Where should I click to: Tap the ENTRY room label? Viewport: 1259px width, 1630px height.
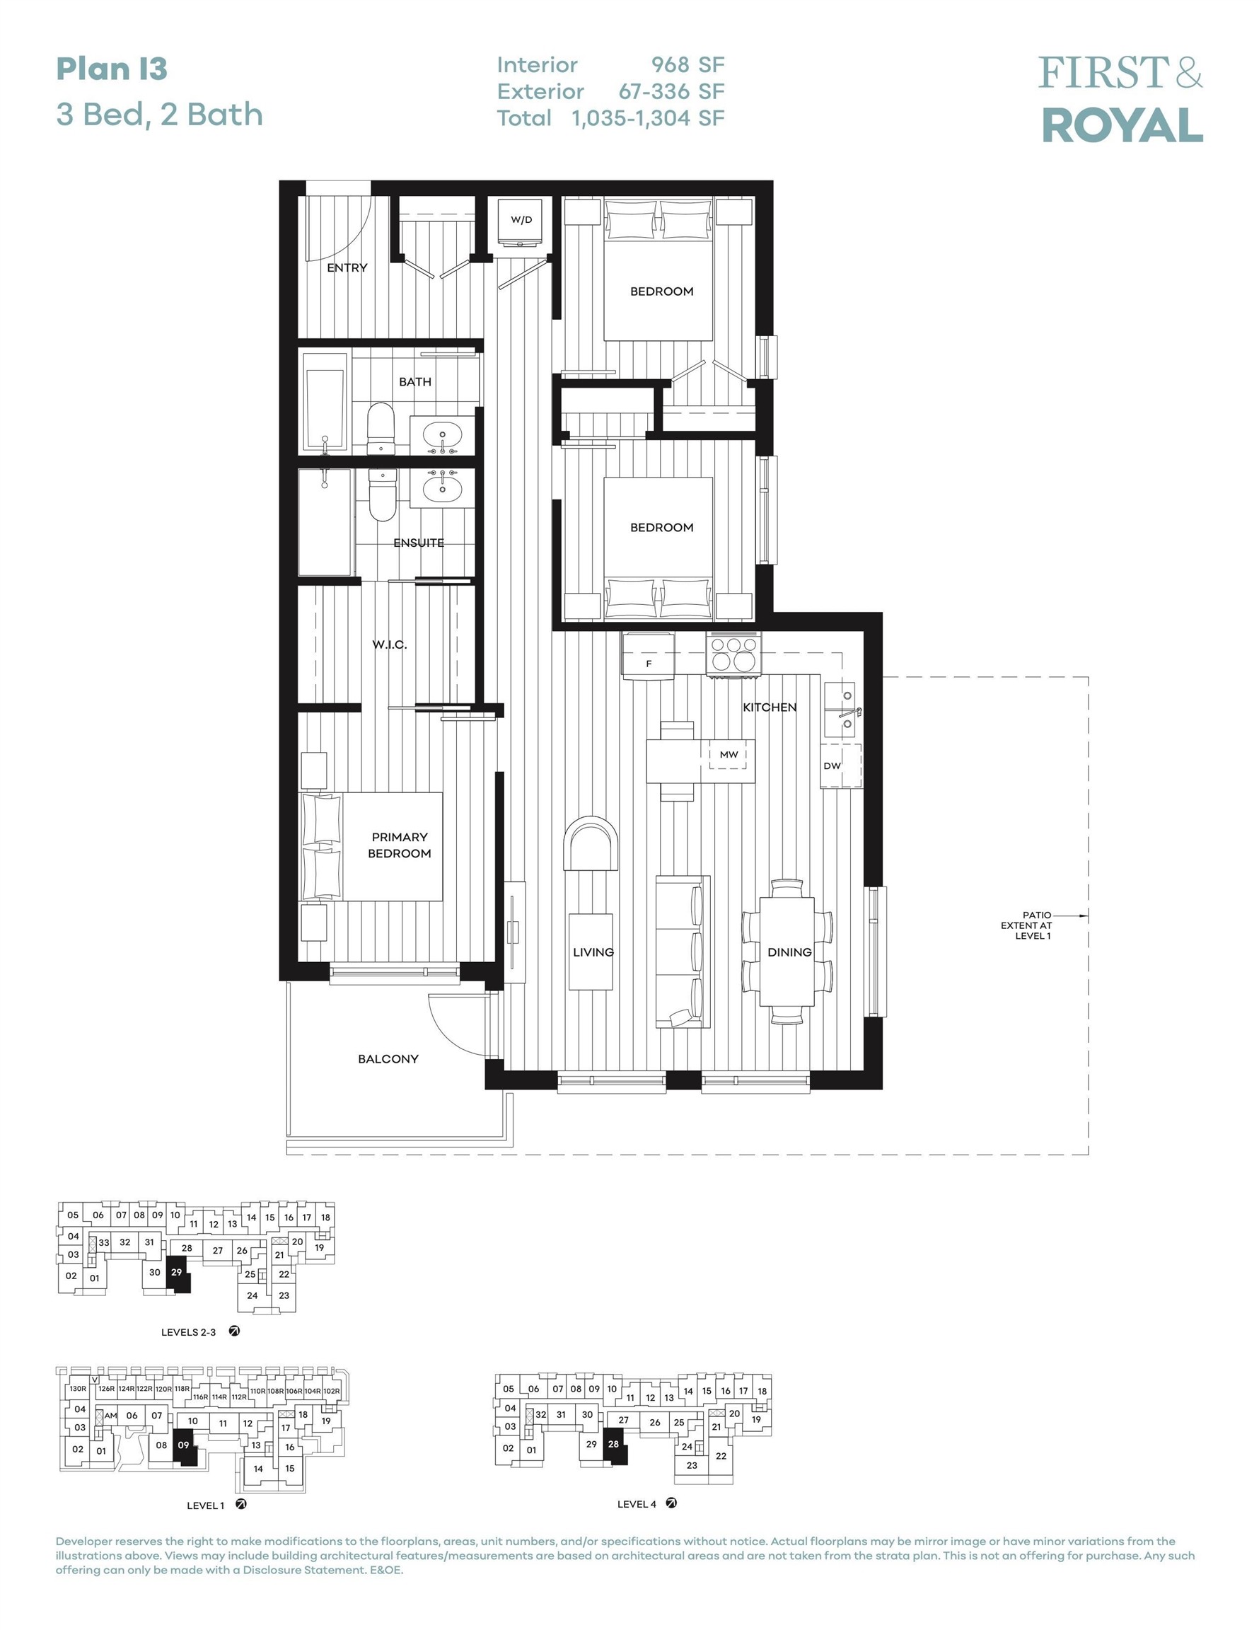(347, 268)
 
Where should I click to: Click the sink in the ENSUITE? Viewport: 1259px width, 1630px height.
(442, 488)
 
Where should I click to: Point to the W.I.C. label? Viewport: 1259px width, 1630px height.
(390, 645)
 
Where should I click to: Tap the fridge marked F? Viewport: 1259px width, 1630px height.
(649, 656)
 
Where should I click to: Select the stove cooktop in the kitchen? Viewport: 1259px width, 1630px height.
(733, 654)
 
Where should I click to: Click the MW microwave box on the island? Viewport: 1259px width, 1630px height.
(729, 755)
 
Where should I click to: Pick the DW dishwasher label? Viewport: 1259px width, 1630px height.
(832, 765)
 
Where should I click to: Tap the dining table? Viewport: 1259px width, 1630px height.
(787, 952)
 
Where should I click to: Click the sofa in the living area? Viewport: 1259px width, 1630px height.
(682, 952)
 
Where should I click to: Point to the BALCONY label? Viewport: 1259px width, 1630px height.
(388, 1059)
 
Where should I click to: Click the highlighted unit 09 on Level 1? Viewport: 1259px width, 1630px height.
(185, 1445)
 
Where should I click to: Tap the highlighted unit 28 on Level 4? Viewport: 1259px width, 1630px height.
(615, 1444)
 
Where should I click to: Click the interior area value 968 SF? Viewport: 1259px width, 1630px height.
(687, 66)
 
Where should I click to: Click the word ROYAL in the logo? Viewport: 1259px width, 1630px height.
(1122, 125)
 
